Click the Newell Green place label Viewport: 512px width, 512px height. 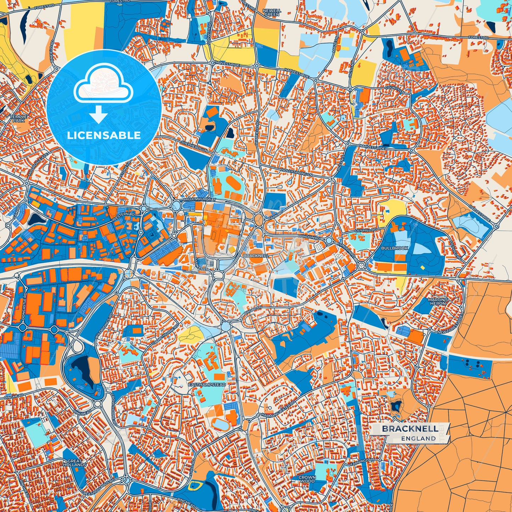(x=272, y=13)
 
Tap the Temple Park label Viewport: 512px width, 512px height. (x=18, y=118)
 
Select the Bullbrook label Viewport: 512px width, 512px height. (x=395, y=248)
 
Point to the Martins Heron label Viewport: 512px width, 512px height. (x=438, y=302)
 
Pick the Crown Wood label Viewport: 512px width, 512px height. (x=307, y=479)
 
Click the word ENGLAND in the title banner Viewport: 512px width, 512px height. (x=418, y=438)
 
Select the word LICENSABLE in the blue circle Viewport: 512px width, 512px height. (x=104, y=135)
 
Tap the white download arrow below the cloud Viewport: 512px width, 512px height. (x=99, y=115)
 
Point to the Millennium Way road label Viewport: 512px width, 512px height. (x=200, y=200)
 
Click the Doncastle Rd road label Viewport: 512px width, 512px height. (x=24, y=307)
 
